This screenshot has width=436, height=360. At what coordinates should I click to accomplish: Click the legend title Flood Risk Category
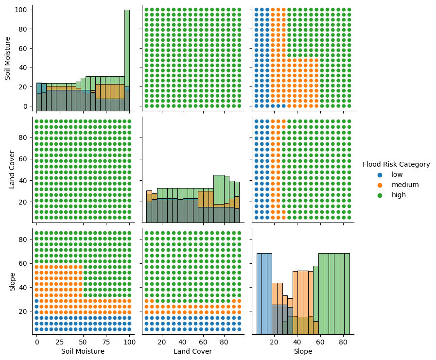(x=396, y=164)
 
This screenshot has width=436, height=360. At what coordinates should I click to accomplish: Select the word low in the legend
(x=397, y=174)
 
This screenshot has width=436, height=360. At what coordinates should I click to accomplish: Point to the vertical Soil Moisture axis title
(x=8, y=58)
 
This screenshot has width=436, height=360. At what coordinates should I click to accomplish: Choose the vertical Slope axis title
(x=12, y=281)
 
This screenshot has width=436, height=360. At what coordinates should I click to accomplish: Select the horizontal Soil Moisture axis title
(x=83, y=351)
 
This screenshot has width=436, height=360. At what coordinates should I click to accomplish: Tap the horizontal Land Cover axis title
(x=193, y=351)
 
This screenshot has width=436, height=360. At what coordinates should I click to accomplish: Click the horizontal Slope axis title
(x=303, y=351)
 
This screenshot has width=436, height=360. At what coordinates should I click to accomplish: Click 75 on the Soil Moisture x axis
(x=106, y=342)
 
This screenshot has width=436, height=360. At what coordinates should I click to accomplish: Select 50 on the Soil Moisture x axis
(x=83, y=342)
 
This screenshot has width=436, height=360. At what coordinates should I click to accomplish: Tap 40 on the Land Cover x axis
(x=183, y=342)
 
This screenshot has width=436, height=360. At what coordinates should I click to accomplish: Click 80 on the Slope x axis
(x=343, y=342)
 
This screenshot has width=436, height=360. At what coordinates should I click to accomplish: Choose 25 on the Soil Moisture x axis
(x=60, y=342)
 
